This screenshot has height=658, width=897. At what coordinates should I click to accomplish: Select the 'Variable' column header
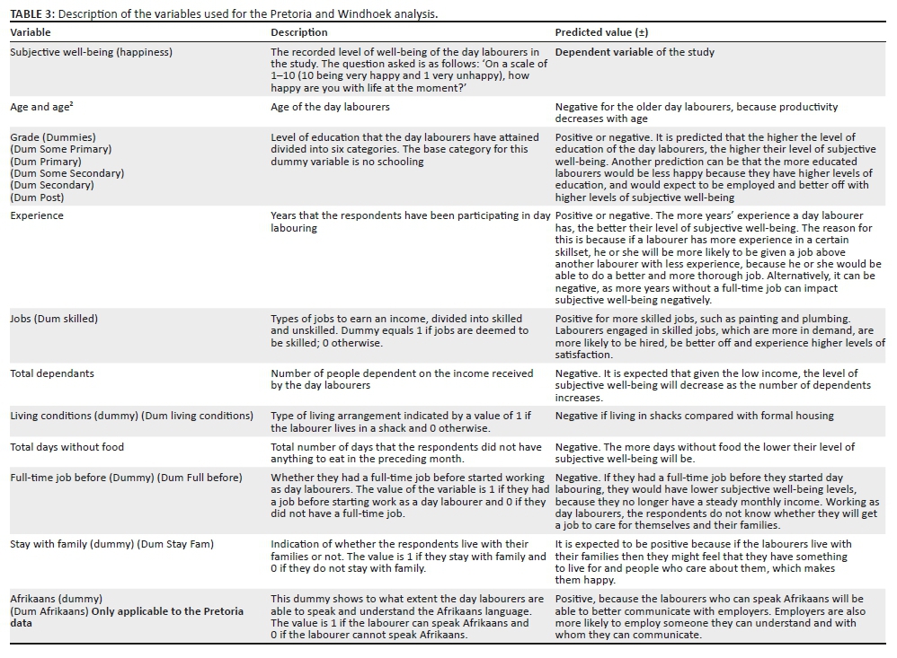coord(31,32)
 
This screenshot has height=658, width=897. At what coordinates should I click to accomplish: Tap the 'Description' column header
coord(299,32)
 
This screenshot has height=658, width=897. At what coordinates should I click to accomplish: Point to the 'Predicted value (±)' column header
coord(601,32)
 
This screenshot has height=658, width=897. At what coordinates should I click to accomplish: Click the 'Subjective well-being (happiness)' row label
coord(91,52)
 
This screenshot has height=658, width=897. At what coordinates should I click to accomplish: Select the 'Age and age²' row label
coord(41,107)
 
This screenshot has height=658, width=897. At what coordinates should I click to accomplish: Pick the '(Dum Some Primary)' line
coord(61,149)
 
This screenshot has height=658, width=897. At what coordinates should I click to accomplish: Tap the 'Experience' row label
coord(37,216)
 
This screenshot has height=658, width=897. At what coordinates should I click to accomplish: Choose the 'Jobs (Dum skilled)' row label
coord(54,319)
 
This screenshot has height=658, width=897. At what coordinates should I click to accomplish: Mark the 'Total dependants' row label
coord(52,373)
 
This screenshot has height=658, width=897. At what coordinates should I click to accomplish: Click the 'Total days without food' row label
coord(67,446)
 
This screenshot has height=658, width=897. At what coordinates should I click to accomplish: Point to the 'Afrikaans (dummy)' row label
coord(56,599)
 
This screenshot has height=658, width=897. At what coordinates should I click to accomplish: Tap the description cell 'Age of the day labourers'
coord(330,107)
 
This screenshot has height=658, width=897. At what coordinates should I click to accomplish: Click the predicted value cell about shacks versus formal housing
coord(694,416)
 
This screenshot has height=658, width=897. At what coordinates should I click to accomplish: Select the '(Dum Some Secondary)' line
coord(67,173)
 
